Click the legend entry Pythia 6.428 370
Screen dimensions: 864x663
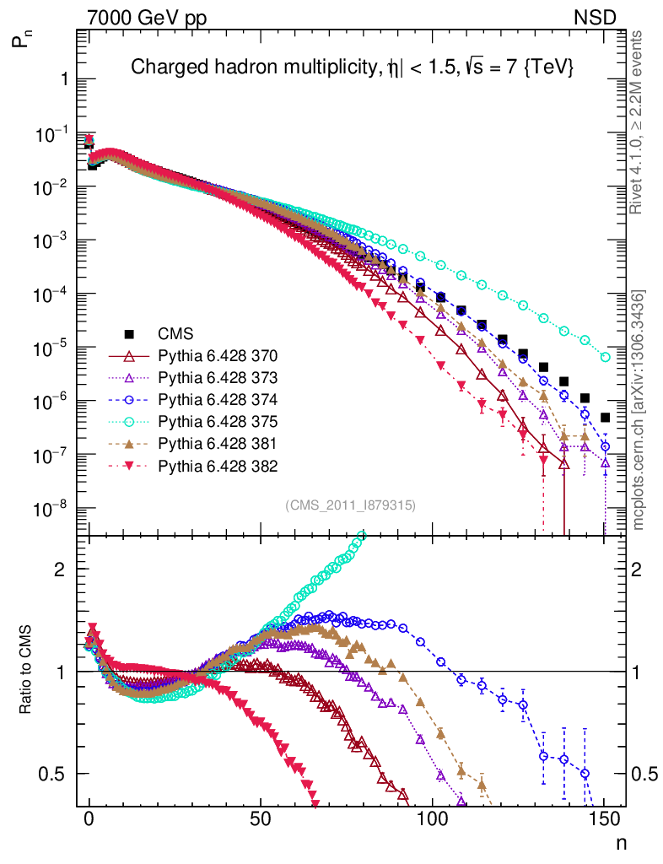(218, 354)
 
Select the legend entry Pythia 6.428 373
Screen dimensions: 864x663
(218, 376)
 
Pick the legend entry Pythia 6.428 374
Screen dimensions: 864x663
(218, 398)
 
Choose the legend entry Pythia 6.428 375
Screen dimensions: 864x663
(218, 421)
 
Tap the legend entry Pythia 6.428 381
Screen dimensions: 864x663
(218, 443)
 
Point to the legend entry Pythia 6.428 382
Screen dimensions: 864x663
(218, 465)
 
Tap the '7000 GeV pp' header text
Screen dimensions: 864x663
(147, 17)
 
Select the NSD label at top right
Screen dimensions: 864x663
(596, 17)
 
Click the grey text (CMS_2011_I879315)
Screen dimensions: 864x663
(351, 505)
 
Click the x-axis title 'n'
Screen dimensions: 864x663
(620, 841)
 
